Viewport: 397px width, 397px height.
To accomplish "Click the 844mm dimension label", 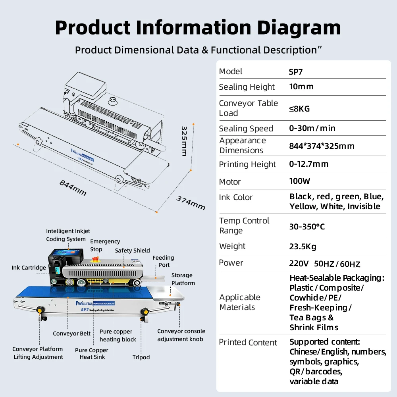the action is [73, 188].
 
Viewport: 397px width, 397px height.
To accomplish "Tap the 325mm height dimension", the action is [184, 141].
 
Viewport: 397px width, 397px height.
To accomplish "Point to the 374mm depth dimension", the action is [191, 203].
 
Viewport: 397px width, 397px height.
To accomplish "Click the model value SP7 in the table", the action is [296, 72].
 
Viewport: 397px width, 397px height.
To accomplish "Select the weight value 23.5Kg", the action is [303, 247].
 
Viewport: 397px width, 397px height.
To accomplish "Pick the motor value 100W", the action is [299, 181].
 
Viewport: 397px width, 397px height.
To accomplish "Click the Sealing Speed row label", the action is [246, 129].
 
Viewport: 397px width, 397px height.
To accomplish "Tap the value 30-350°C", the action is [307, 227].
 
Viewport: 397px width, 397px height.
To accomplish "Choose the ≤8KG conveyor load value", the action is [299, 109].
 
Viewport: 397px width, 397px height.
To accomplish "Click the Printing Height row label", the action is [247, 164].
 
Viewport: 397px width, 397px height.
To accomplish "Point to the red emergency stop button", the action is [95, 259].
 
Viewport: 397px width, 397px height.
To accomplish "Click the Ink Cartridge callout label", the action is [29, 268].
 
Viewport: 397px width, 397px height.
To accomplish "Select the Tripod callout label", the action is [141, 357].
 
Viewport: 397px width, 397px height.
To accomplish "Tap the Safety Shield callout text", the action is [133, 251].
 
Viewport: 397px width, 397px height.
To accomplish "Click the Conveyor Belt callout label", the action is [71, 333].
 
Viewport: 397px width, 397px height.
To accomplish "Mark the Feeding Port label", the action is [163, 261].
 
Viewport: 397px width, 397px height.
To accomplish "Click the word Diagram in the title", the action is [299, 28].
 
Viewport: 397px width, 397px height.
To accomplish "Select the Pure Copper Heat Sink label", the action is [92, 353].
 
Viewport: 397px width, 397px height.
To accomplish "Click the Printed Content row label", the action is [248, 342].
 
